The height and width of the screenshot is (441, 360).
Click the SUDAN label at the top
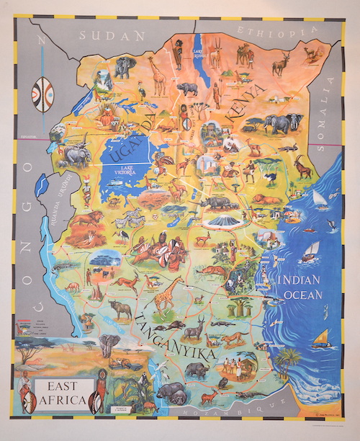pyautogui.click(x=112, y=35)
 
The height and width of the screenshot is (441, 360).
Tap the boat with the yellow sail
pyautogui.click(x=321, y=338)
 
